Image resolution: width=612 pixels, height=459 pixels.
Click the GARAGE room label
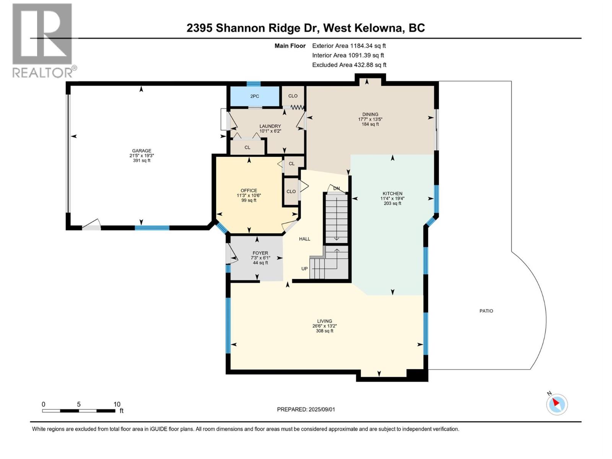pos(142,151)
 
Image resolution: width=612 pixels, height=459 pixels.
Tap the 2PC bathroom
pos(254,96)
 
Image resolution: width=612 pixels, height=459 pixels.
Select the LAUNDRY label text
pos(270,126)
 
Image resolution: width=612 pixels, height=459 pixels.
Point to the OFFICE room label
pos(249,190)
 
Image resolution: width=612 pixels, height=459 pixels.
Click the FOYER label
pos(260,253)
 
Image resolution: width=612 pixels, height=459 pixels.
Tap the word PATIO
pos(486,311)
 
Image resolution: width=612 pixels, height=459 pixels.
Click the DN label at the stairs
pos(336,189)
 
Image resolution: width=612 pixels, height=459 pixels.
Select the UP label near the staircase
pos(304,269)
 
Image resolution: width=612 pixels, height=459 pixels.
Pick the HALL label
pos(304,239)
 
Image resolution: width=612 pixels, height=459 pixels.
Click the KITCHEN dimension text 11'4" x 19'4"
pos(392,199)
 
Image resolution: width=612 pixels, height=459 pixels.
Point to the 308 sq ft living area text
pos(324,331)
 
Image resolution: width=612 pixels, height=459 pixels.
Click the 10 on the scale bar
pos(117,404)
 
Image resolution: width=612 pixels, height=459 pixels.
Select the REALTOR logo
pos(43,41)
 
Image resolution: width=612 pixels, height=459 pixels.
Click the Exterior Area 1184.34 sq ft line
pos(349,46)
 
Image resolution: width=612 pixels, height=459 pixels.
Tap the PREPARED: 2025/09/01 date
pos(306,409)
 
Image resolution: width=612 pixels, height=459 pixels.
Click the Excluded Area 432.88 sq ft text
pos(349,65)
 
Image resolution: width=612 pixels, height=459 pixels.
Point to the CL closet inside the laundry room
pos(247,147)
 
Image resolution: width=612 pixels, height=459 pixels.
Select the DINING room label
pos(370,114)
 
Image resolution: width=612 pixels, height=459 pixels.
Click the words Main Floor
pos(290,46)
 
